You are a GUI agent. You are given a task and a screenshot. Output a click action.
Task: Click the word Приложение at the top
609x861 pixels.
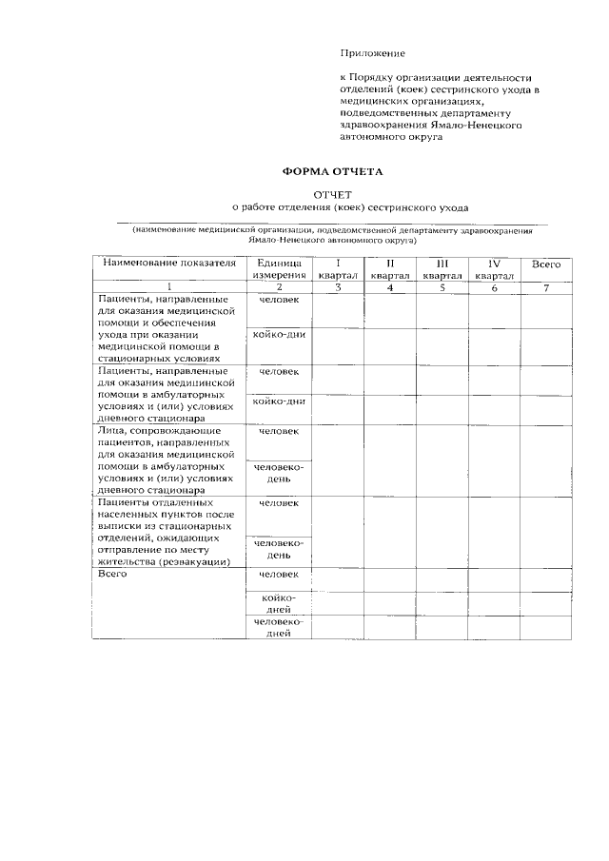(373, 53)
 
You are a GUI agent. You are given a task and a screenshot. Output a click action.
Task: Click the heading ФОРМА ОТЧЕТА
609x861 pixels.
(330, 172)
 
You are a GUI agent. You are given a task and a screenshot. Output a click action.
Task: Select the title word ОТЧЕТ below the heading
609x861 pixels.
(332, 193)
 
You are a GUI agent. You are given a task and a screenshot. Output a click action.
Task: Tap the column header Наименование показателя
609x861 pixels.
(168, 263)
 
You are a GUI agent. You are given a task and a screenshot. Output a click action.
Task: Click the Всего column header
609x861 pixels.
(546, 264)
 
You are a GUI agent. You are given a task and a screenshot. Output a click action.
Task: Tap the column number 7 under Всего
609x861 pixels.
(546, 287)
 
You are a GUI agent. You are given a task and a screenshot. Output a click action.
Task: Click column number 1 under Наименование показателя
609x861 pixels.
(168, 287)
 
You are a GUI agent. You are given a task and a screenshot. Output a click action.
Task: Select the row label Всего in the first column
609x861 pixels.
(112, 574)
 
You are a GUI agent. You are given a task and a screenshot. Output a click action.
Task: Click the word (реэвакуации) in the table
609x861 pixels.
(196, 561)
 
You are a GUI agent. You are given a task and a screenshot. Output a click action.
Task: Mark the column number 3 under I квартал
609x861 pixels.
(337, 287)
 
